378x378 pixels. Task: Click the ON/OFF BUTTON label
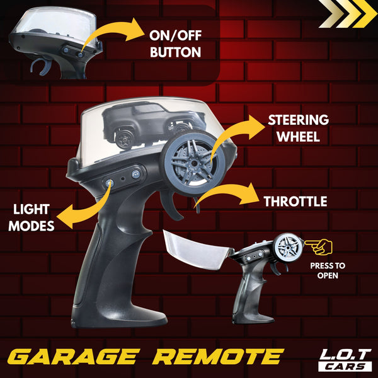tap(175, 43)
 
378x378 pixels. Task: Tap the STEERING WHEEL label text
tap(299, 129)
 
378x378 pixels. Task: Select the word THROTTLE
tap(295, 202)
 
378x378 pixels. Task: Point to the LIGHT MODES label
tap(31, 217)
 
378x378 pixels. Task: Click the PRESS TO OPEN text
tap(328, 270)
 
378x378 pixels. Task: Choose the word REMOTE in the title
tap(219, 357)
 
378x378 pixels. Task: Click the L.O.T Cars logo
tap(345, 360)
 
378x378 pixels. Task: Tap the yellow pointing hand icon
tap(319, 246)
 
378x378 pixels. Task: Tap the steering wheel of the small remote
tap(289, 246)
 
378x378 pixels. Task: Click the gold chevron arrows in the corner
tap(347, 14)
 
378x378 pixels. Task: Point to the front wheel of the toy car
tap(124, 139)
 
